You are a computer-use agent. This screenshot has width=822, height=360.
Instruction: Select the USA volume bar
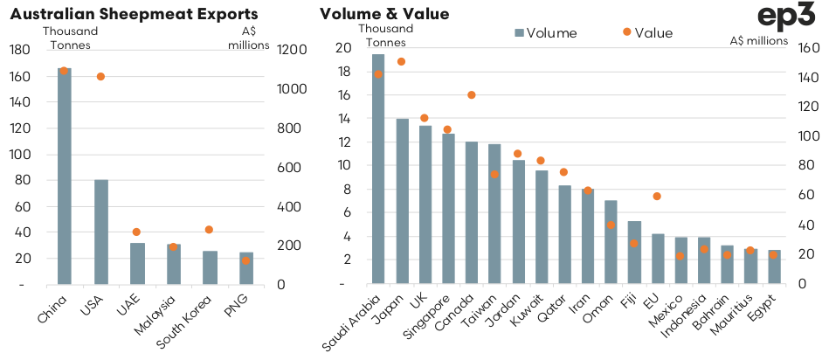pyautogui.click(x=100, y=232)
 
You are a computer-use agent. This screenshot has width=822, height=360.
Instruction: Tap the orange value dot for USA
pyautogui.click(x=100, y=77)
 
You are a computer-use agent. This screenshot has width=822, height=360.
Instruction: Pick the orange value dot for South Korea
pyautogui.click(x=209, y=230)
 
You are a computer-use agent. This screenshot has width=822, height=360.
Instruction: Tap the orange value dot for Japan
pyautogui.click(x=402, y=61)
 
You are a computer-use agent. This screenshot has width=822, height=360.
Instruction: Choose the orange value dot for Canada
pyautogui.click(x=471, y=94)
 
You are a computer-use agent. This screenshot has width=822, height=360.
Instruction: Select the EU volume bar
pyautogui.click(x=657, y=259)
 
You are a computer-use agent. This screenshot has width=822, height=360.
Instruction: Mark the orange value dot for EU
pyautogui.click(x=657, y=196)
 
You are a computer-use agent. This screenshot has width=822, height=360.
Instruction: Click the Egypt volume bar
pyautogui.click(x=773, y=267)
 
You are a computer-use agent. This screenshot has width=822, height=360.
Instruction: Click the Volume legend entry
pyautogui.click(x=547, y=33)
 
